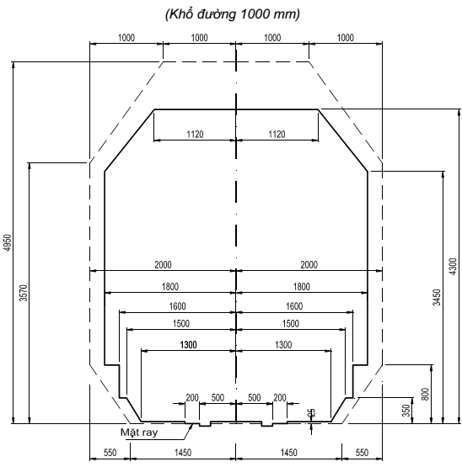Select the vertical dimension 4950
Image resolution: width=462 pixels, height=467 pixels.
[x=8, y=243]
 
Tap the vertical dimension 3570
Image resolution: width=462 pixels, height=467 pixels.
[x=23, y=292]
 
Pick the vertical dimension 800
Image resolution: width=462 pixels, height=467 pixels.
[x=425, y=393]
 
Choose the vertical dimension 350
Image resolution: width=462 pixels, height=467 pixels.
[x=406, y=410]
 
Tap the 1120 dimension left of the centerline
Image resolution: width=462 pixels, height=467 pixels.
[x=195, y=133]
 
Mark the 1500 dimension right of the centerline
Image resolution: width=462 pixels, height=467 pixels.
[x=290, y=325]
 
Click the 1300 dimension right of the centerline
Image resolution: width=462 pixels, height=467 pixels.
[x=283, y=345]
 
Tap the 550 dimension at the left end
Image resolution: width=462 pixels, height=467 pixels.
[x=109, y=452]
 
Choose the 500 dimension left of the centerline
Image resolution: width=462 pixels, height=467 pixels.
[x=218, y=396]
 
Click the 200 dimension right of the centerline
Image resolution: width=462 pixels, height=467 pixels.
[x=279, y=396]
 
